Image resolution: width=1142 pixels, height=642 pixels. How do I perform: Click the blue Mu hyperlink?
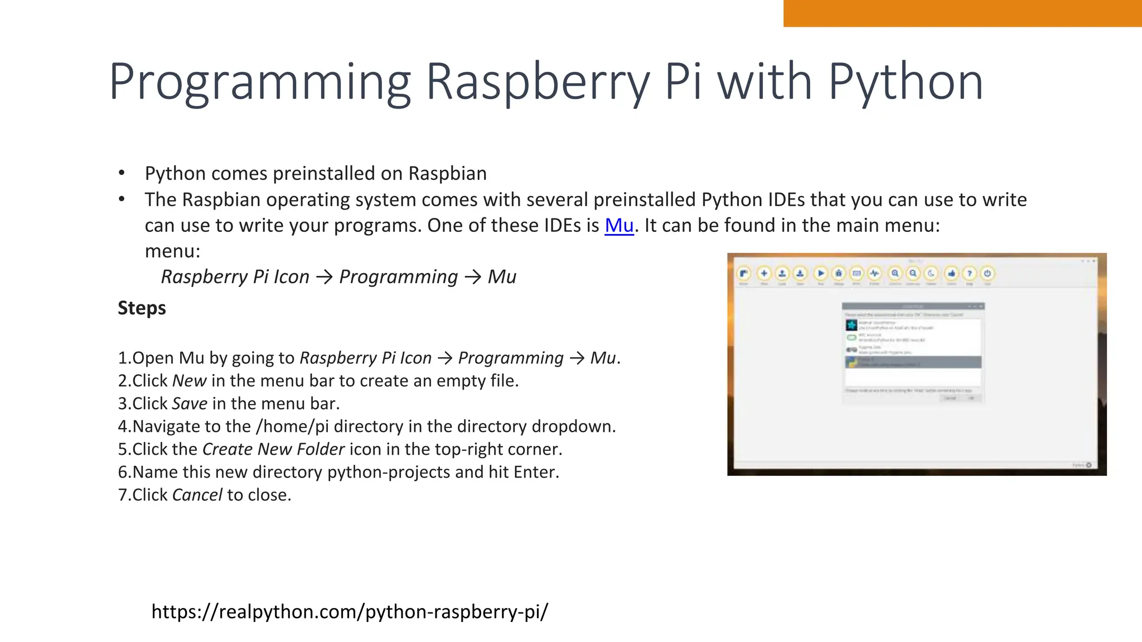tap(619, 226)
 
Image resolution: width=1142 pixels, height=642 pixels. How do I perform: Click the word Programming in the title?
tap(260, 82)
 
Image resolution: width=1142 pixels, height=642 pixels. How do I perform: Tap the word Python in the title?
tap(906, 82)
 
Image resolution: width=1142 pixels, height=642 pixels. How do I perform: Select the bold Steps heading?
tap(142, 308)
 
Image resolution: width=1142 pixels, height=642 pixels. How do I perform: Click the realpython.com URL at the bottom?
tap(350, 611)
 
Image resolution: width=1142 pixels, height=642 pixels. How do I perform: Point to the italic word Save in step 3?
tap(190, 403)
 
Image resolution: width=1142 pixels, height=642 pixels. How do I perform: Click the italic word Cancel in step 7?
tap(197, 495)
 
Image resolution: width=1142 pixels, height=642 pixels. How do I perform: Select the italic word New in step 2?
tap(190, 381)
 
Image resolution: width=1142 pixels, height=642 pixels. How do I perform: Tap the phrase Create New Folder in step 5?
tap(273, 449)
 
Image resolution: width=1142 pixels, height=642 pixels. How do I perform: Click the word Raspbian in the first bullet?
tap(447, 173)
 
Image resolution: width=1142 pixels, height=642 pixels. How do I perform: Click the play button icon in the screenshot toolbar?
tap(820, 273)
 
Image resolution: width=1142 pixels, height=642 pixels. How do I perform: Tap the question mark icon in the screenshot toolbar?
tap(970, 273)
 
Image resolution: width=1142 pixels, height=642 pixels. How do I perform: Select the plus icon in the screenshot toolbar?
tap(764, 273)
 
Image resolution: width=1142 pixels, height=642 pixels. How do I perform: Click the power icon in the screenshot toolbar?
tap(988, 273)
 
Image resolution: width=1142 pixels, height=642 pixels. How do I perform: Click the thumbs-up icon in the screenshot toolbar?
tap(952, 273)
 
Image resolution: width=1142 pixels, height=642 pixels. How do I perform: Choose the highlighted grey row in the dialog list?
tap(913, 362)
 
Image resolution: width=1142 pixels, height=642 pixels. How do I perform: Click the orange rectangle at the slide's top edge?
tap(962, 13)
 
